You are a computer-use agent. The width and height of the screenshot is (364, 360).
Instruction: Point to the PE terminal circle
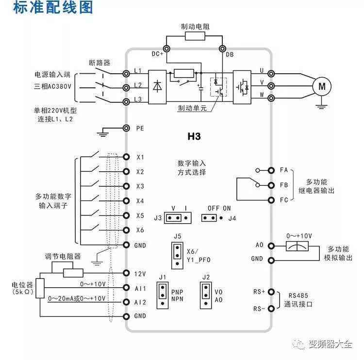coord(126,128)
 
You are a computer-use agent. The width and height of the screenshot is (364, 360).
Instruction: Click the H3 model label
coord(194,137)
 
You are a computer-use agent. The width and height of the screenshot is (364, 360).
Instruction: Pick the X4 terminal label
coord(140,201)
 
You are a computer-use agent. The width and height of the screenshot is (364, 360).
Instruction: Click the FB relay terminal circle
coord(271,185)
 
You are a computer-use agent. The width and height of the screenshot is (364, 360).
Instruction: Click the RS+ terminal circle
coord(271,292)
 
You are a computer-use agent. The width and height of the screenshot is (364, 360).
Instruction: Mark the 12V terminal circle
coord(126,273)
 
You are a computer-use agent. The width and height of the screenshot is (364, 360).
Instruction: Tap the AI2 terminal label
coord(141,302)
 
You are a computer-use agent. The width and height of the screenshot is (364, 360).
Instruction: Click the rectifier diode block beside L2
coord(157,86)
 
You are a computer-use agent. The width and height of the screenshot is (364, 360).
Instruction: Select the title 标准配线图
coord(46,8)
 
